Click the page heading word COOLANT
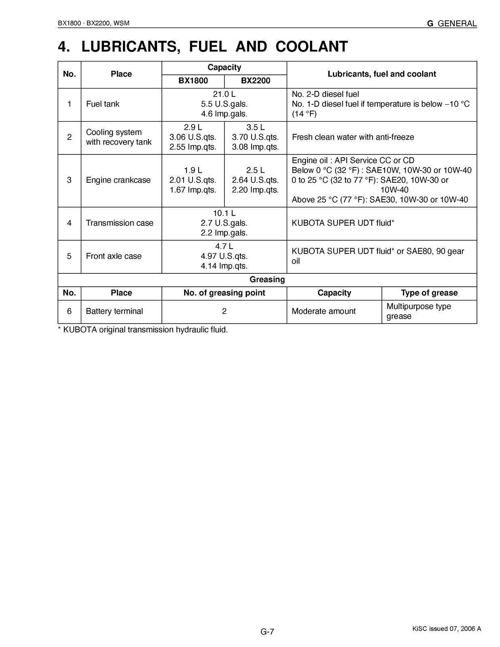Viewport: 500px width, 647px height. click(x=311, y=47)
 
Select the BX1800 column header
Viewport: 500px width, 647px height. click(x=193, y=80)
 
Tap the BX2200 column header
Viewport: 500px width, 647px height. click(x=255, y=80)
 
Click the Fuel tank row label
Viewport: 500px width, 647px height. click(x=103, y=104)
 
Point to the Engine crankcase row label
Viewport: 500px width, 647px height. click(x=118, y=180)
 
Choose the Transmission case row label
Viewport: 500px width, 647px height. click(x=119, y=223)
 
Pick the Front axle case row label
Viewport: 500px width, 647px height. click(x=114, y=256)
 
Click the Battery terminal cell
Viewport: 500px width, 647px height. click(x=114, y=311)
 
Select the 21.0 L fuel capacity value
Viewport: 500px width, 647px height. click(x=224, y=94)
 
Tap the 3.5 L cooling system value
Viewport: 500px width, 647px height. click(x=255, y=127)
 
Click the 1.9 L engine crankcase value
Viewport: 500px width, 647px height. click(x=193, y=170)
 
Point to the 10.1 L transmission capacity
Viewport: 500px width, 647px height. click(x=224, y=213)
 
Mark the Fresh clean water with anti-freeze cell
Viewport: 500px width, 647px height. click(x=353, y=137)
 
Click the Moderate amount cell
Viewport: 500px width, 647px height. click(x=323, y=311)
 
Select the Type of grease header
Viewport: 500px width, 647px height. click(x=429, y=293)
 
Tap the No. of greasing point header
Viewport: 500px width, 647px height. click(x=224, y=293)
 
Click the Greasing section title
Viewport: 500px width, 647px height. click(x=267, y=279)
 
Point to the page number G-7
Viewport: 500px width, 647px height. click(x=267, y=632)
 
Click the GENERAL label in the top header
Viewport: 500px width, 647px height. click(x=457, y=23)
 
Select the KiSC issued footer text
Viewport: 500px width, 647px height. click(x=446, y=628)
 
